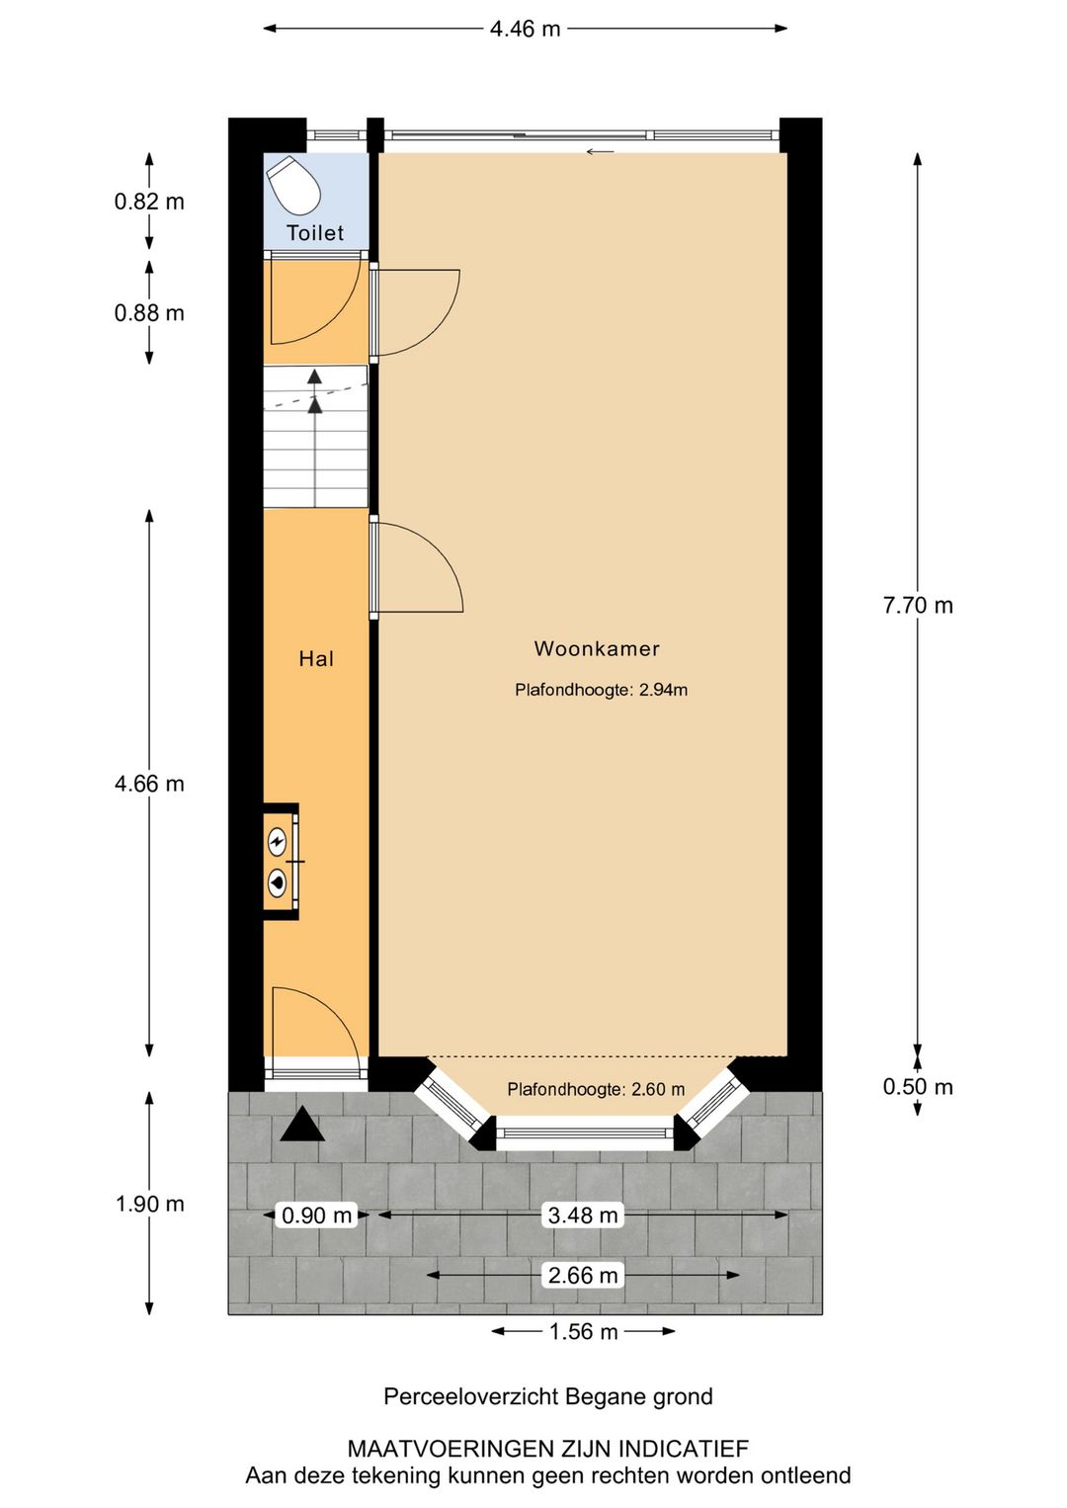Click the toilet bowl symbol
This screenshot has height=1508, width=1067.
tap(294, 185)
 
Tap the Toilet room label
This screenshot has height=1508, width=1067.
tap(315, 233)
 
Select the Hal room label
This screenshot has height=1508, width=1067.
tap(316, 659)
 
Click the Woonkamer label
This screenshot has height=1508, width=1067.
tap(597, 649)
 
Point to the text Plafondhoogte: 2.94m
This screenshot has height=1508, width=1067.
tap(601, 690)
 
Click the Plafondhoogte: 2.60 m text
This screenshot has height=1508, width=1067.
tap(596, 1089)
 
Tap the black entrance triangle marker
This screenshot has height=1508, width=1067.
tap(301, 1126)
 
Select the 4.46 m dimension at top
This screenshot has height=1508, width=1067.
tap(525, 29)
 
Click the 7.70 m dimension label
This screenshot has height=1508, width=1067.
tap(918, 606)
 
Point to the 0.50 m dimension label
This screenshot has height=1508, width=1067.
tap(918, 1087)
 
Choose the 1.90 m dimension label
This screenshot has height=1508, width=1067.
tap(149, 1204)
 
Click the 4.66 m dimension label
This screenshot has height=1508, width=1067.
tap(149, 784)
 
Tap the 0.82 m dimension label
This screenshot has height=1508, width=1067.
tap(149, 202)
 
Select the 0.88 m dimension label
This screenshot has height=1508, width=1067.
tap(149, 313)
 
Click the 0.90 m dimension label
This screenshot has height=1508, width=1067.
tap(317, 1215)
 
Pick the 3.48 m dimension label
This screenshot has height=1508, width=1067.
tap(583, 1215)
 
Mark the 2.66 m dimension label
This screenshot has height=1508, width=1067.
tap(583, 1276)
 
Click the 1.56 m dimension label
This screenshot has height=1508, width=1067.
tap(583, 1332)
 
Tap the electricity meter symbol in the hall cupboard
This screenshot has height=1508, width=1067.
tap(278, 842)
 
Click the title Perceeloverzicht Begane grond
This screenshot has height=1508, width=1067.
tap(547, 1396)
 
